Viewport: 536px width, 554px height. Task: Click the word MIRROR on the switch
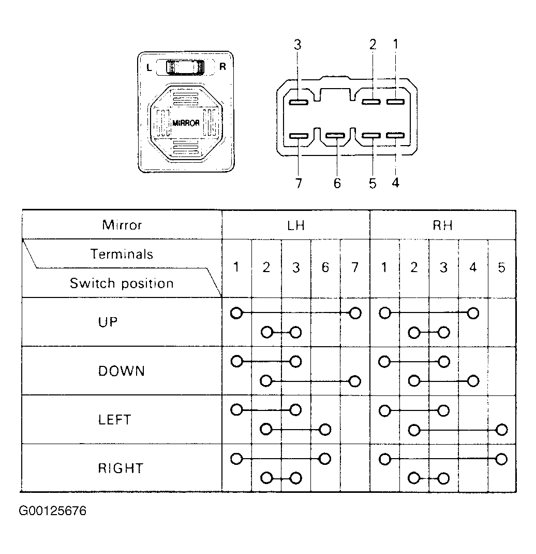pyautogui.click(x=186, y=123)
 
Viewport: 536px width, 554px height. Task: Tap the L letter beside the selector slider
pyautogui.click(x=149, y=67)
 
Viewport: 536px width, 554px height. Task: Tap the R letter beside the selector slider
pyautogui.click(x=222, y=66)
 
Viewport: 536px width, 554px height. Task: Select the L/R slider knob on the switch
pyautogui.click(x=185, y=67)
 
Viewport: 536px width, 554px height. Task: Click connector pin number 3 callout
pyautogui.click(x=297, y=45)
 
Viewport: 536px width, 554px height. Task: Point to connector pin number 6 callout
pyautogui.click(x=337, y=183)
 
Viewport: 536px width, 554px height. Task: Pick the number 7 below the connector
pyautogui.click(x=299, y=183)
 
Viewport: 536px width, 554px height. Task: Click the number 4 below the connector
pyautogui.click(x=396, y=183)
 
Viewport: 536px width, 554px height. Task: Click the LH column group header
pyautogui.click(x=296, y=225)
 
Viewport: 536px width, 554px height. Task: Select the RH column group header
pyautogui.click(x=442, y=225)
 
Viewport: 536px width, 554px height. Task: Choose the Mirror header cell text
pyautogui.click(x=122, y=225)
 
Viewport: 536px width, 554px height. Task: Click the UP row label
pyautogui.click(x=108, y=322)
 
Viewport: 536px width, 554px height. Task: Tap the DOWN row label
pyautogui.click(x=122, y=371)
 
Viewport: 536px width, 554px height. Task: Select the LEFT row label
pyautogui.click(x=115, y=420)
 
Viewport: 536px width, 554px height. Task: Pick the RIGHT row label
pyautogui.click(x=121, y=468)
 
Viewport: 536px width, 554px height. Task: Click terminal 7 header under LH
pyautogui.click(x=355, y=267)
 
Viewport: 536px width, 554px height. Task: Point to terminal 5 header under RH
pyautogui.click(x=501, y=267)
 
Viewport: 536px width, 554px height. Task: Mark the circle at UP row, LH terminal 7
pyautogui.click(x=355, y=313)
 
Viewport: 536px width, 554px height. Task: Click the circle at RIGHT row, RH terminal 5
pyautogui.click(x=501, y=459)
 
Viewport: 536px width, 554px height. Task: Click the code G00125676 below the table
pyautogui.click(x=53, y=511)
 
